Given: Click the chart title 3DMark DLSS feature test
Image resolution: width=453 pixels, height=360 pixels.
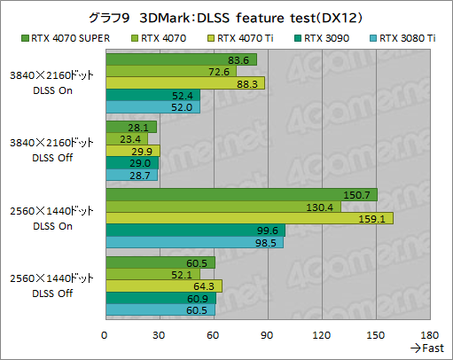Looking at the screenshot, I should tap(226, 17).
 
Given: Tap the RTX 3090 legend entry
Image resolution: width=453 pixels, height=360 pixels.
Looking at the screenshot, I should tap(332, 38).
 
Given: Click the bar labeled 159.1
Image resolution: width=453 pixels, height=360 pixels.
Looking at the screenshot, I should tap(248, 218).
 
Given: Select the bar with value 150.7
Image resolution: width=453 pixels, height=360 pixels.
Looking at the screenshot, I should tap(240, 194).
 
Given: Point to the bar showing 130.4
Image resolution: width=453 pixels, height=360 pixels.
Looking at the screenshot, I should tap(222, 207).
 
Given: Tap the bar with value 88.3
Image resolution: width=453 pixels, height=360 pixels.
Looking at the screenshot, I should tap(184, 83).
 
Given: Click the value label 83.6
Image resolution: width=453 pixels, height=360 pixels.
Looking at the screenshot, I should tap(238, 59).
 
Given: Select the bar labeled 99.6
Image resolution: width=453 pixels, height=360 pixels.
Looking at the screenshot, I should tap(194, 231).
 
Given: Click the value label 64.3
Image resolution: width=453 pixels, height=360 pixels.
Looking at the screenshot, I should tap(203, 286).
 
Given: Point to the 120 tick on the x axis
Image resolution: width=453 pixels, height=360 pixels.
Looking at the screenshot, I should tap(321, 334).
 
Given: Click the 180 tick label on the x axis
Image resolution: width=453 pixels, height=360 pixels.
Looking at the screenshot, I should tap(429, 334).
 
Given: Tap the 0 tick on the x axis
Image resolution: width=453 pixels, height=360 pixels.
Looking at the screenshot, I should tap(105, 334).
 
